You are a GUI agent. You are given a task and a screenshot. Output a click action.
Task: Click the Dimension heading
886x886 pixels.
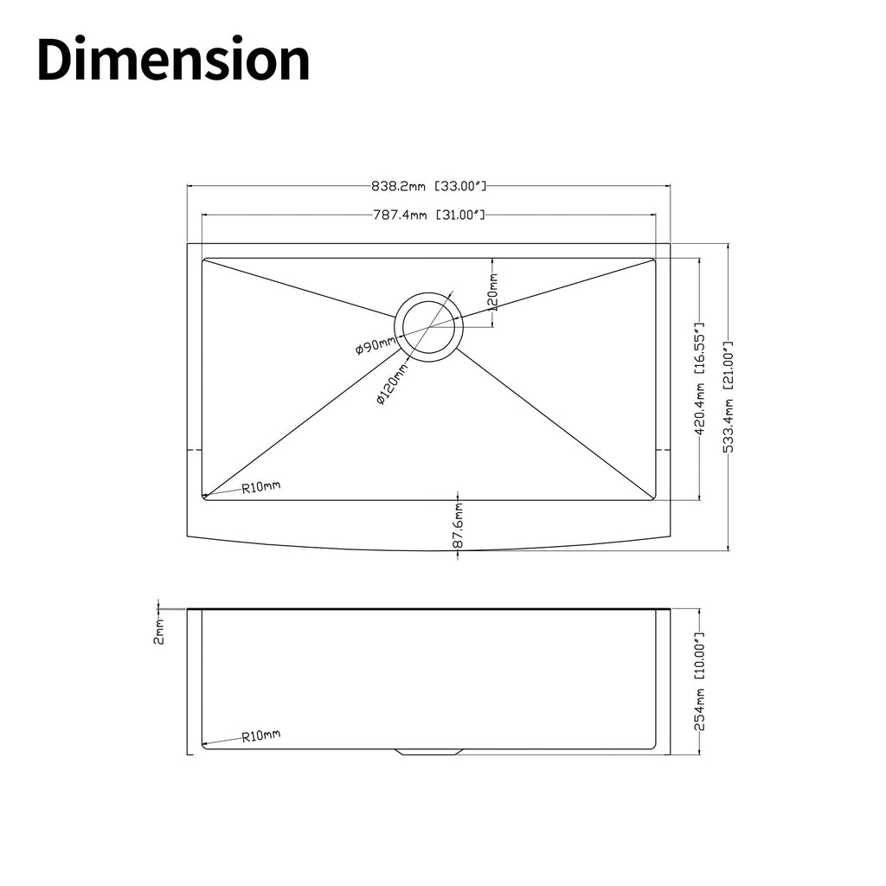click(173, 60)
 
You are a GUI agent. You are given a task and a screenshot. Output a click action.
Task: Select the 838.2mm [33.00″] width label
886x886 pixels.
click(428, 185)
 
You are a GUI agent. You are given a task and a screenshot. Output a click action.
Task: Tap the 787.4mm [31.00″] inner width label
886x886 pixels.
click(429, 215)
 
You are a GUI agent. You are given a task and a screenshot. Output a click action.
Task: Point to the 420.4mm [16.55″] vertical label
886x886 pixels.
click(699, 379)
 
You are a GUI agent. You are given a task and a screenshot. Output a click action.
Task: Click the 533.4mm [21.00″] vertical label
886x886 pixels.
click(729, 396)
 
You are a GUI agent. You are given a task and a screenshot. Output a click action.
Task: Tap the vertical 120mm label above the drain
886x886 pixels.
click(492, 292)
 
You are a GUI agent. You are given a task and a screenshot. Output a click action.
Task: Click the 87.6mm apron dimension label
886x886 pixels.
click(458, 525)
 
